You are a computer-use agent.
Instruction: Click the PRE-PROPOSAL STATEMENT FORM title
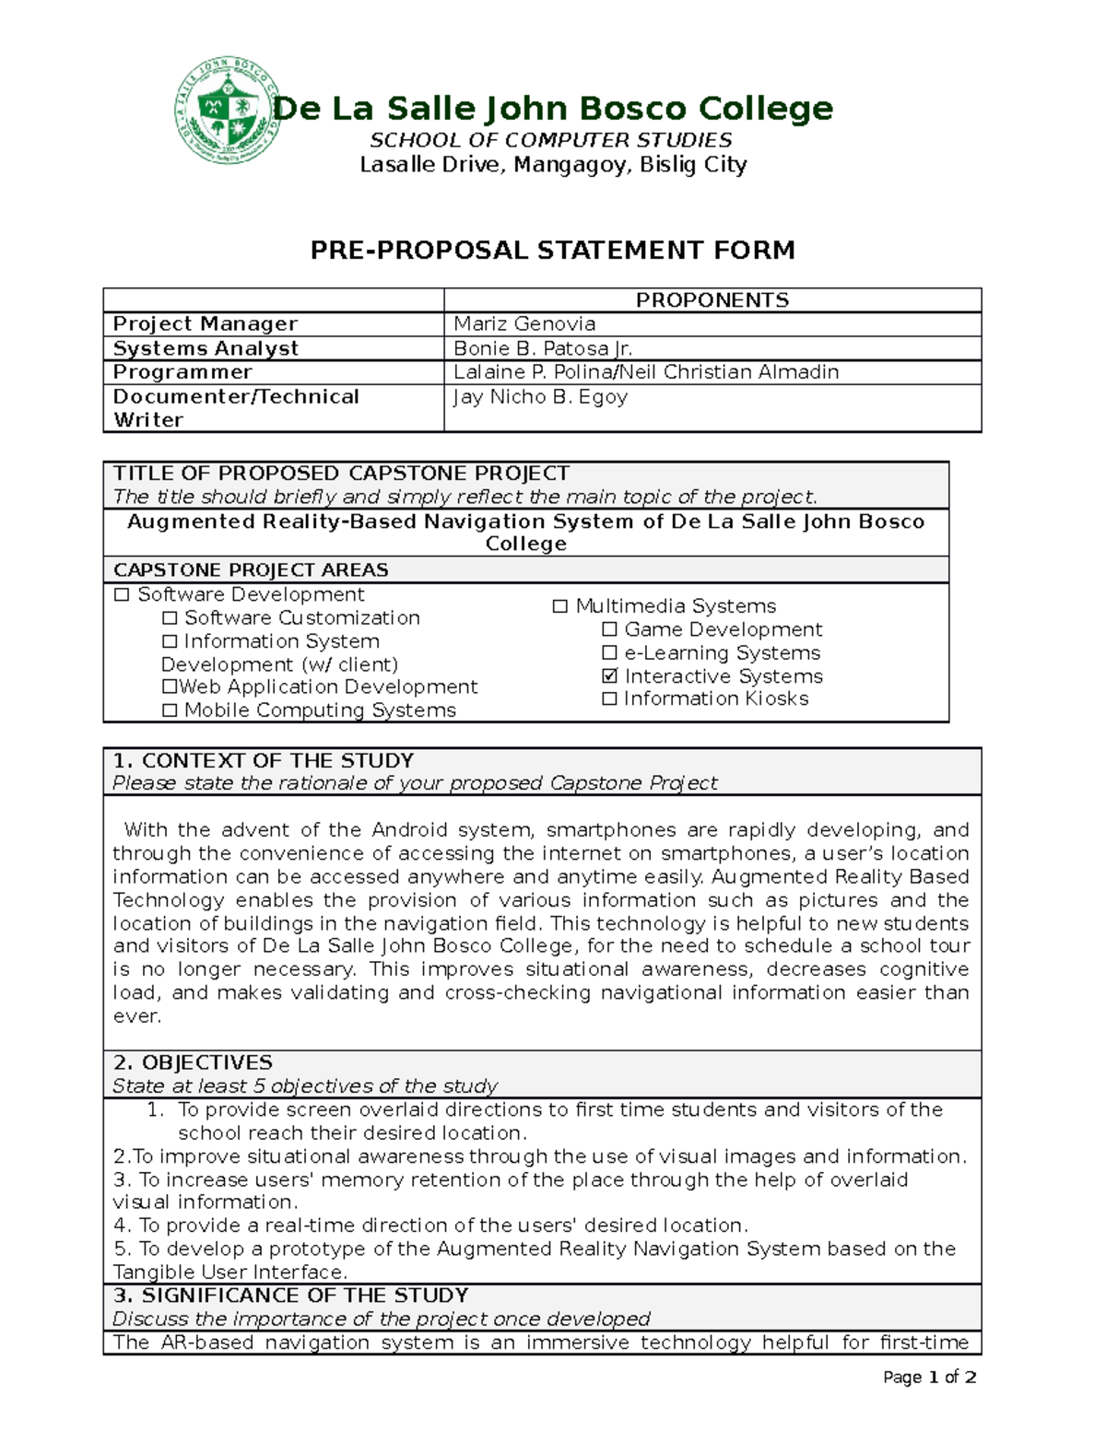pos(552,250)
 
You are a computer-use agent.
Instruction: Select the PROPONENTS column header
pos(712,300)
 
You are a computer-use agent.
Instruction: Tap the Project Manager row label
pos(205,324)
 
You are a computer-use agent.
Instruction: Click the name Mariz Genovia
pos(524,324)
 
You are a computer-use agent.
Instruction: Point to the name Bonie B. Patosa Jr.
pos(543,348)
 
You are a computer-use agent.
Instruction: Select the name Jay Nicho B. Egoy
pos(540,397)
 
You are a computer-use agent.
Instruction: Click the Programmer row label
pos(182,372)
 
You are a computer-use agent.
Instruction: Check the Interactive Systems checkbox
pos(609,676)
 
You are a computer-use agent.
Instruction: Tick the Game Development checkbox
pos(609,629)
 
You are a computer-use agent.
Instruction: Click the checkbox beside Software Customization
pos(170,618)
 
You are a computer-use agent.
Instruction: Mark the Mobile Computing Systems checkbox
pos(170,710)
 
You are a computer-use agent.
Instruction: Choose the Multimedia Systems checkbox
pos(559,606)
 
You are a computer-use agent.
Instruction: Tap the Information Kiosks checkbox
pos(609,699)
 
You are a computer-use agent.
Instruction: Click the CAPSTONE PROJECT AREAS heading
pos(251,569)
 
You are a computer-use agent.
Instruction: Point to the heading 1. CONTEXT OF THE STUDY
pos(263,760)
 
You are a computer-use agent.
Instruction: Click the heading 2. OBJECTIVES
pos(193,1062)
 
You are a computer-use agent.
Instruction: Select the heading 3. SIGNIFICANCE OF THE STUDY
pos(290,1296)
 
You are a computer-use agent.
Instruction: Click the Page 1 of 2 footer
pos(929,1378)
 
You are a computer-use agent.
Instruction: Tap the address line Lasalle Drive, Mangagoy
pos(552,165)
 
